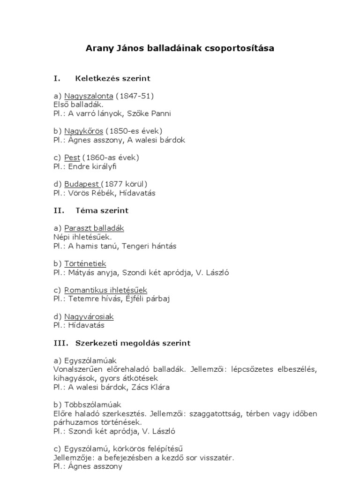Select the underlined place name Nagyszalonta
pyautogui.click(x=89, y=96)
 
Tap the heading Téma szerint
pyautogui.click(x=102, y=210)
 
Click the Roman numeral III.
pyautogui.click(x=61, y=343)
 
